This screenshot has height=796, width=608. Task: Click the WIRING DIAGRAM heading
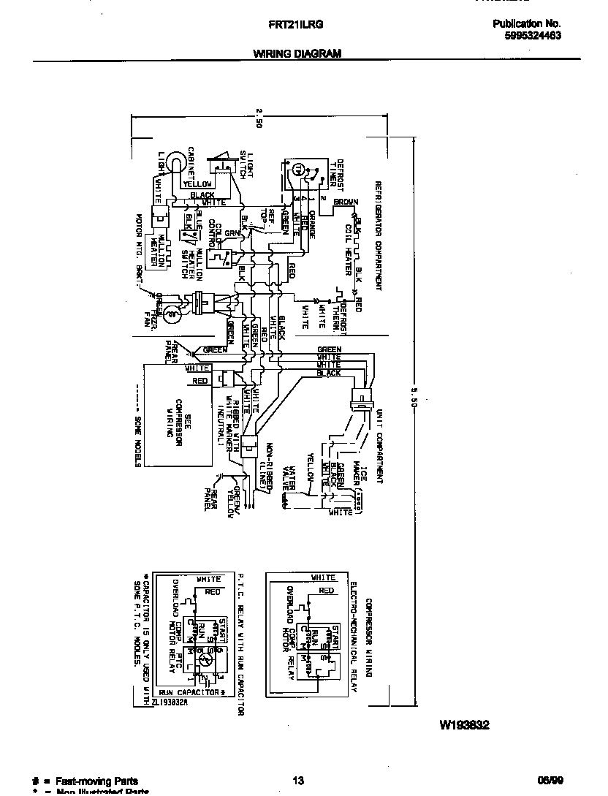click(x=297, y=53)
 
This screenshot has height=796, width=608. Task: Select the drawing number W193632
click(x=464, y=725)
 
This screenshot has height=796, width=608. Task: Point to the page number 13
click(x=297, y=781)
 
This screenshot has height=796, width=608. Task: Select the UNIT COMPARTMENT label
click(x=379, y=447)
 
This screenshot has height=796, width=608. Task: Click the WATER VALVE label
click(x=292, y=477)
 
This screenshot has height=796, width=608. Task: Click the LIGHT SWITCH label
click(x=246, y=164)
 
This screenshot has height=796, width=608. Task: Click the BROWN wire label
click(x=346, y=202)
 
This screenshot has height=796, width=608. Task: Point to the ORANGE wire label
click(x=312, y=223)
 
